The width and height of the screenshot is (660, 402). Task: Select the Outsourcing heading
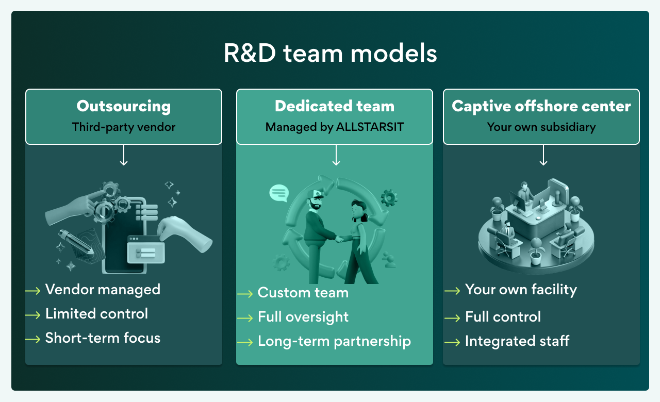124,106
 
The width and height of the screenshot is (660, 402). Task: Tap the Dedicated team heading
335,106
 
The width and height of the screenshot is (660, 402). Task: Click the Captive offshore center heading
541,106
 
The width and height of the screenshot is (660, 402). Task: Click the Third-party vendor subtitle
124,127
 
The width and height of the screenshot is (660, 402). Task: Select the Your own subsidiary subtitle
541,127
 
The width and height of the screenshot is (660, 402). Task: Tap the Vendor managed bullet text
103,290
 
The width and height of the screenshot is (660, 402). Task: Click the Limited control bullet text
96,314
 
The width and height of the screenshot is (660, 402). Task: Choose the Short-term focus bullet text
103,338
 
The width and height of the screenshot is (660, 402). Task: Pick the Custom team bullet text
303,293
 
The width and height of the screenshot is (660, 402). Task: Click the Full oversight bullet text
303,317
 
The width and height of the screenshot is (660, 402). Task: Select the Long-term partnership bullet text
334,341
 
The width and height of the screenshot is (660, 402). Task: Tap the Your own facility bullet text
521,290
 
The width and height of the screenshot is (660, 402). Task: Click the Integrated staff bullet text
517,341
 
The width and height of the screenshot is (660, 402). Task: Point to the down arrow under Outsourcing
124,155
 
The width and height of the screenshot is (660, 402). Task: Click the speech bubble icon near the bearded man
279,193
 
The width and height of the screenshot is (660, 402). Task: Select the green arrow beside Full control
452,318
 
